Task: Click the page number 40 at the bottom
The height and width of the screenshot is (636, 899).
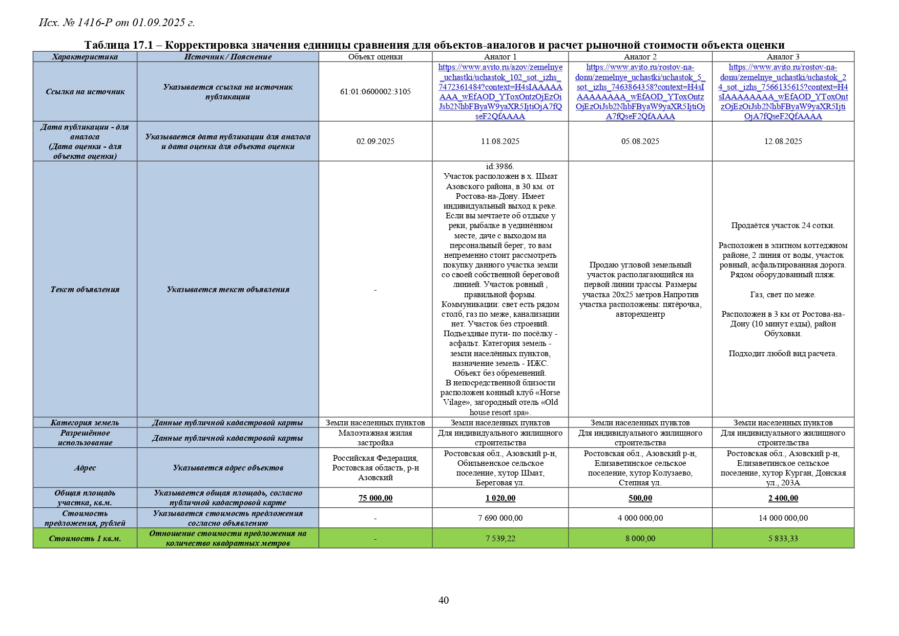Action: pos(444,600)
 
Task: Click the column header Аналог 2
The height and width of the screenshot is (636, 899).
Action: pos(640,57)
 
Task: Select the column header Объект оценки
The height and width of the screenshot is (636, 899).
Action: pos(375,57)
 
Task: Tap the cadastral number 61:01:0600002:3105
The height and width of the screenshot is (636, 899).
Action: pos(375,92)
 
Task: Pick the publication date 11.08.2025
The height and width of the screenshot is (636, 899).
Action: pos(500,141)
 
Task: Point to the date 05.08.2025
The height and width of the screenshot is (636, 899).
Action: pos(640,141)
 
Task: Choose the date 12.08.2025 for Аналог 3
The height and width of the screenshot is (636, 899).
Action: pos(783,141)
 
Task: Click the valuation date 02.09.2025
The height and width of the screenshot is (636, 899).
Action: pos(375,141)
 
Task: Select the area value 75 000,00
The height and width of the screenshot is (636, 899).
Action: pos(375,498)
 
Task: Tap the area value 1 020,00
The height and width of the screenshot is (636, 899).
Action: pos(500,498)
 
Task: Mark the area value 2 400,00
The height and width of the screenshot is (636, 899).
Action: pos(783,498)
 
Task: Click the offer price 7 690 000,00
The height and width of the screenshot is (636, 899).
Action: pos(500,518)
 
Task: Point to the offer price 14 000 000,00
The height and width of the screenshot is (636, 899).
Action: pos(783,518)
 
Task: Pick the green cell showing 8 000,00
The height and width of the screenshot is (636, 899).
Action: pos(640,539)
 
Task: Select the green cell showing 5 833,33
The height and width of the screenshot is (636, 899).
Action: pos(783,539)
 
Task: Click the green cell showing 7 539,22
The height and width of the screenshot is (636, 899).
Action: pos(500,539)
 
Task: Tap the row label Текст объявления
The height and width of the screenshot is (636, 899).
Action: pos(85,290)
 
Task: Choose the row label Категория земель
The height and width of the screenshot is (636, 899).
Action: pos(85,423)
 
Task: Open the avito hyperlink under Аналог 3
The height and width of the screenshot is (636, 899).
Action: pos(783,92)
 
